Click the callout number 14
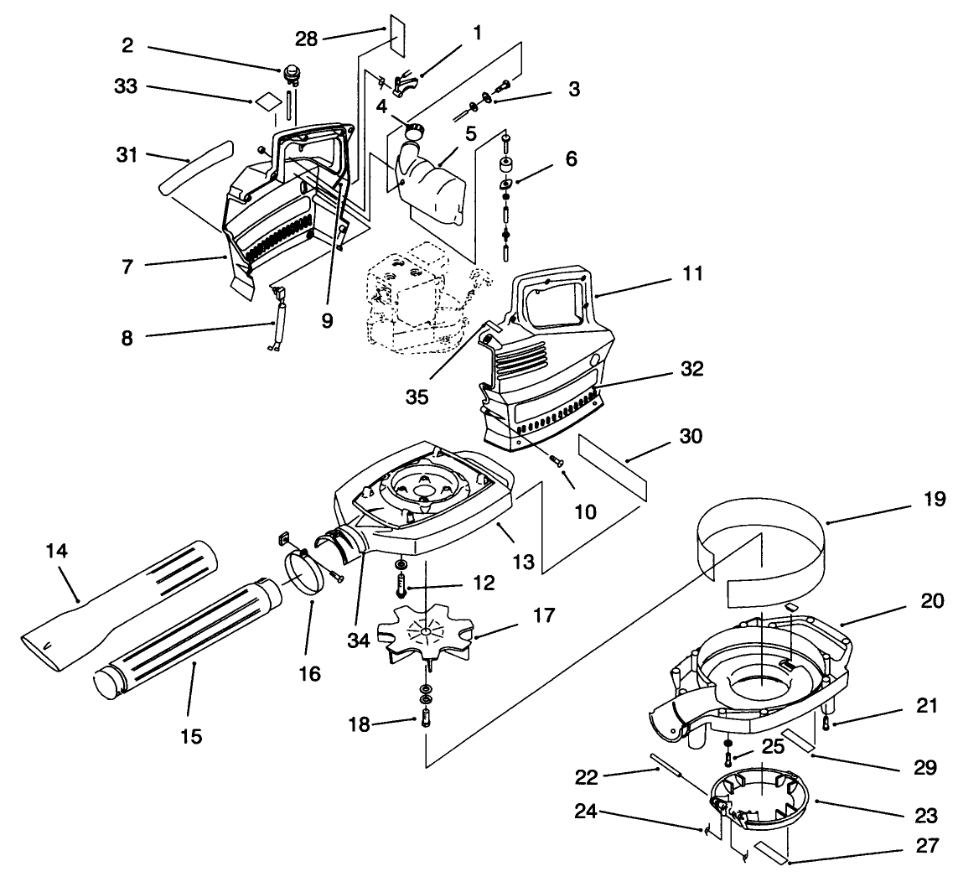coord(58,552)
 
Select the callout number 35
coord(417,396)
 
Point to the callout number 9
coord(327,319)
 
